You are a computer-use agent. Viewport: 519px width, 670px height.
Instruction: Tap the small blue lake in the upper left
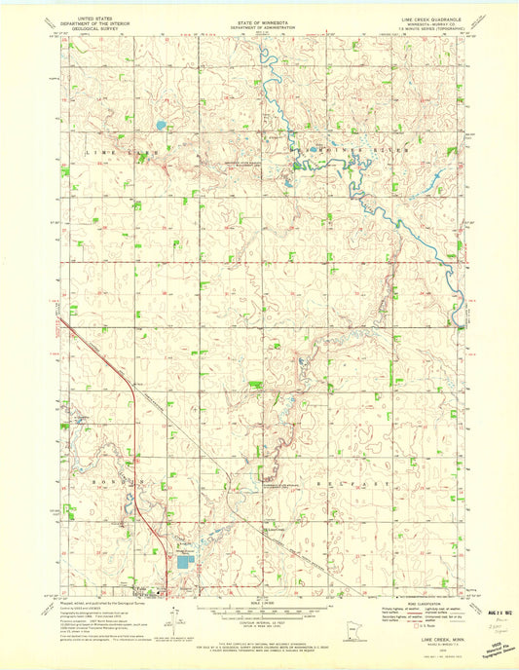pos(159,125)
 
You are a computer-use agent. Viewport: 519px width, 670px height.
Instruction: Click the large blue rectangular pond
pos(185,561)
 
